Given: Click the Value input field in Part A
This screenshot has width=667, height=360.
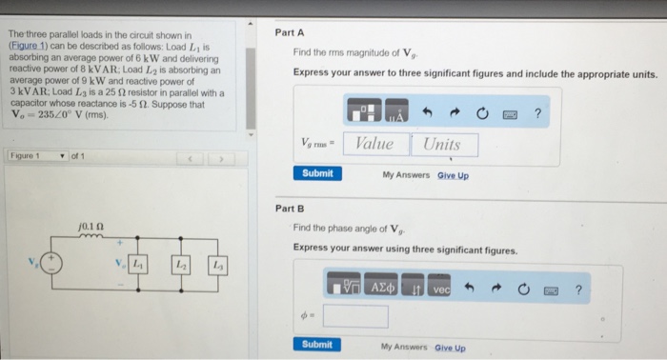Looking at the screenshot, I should (374, 144).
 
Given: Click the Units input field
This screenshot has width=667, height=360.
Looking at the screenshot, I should (443, 144).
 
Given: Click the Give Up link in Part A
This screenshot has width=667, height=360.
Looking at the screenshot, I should (453, 175).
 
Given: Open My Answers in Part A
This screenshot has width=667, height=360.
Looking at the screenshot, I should (406, 175).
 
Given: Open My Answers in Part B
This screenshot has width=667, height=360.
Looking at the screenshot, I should (404, 348).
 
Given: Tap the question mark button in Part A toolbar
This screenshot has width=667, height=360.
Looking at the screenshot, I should (538, 114).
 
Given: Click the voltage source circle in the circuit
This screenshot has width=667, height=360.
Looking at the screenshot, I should (56, 261).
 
